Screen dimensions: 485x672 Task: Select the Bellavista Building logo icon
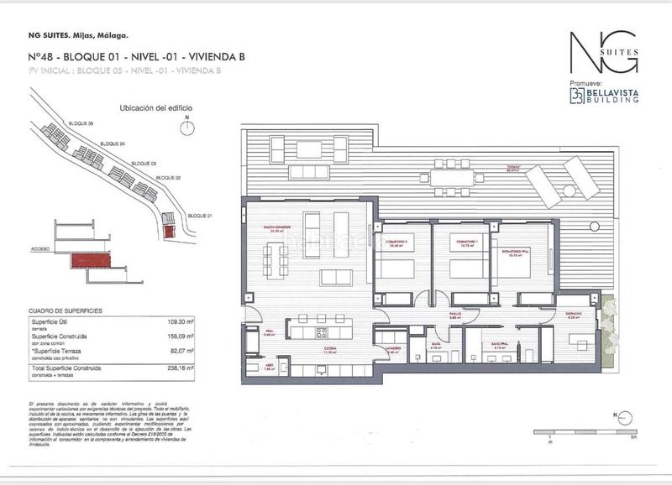579,94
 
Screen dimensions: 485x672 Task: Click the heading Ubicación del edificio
145,108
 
